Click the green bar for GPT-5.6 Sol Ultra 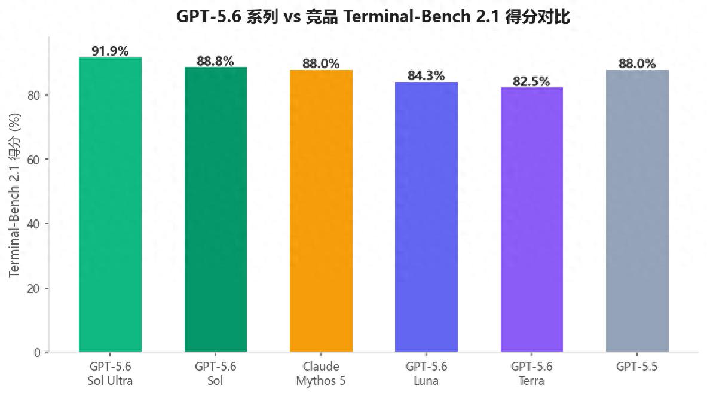pos(110,204)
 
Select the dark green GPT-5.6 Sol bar pos(216,209)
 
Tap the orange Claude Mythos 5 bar pos(321,210)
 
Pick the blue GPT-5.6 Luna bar pos(426,216)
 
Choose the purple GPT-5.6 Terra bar pos(532,219)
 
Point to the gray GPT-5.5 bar pos(637,210)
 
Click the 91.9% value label pos(110,51)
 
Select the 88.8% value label pos(215,61)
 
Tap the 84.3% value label pos(426,75)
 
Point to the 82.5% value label pos(531,81)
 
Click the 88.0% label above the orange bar pos(321,63)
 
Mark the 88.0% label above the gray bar pos(637,63)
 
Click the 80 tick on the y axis pos(33,95)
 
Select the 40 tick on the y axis pos(33,224)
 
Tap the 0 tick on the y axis pos(37,352)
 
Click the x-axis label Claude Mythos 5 pos(321,374)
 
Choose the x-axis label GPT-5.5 pos(636,367)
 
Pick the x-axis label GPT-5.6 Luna pos(426,374)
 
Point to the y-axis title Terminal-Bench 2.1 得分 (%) pos(14,195)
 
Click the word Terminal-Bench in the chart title pos(407,17)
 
